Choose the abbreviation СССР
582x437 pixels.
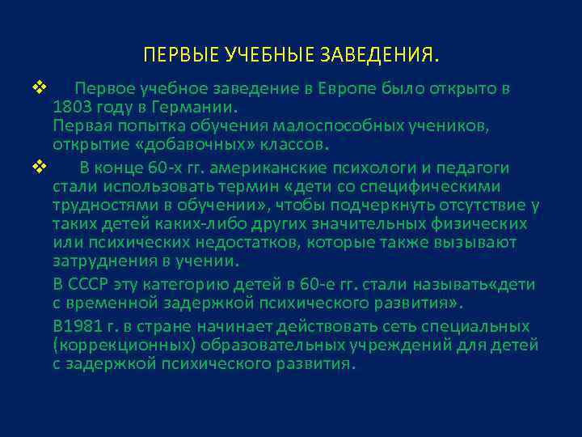click(x=91, y=285)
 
